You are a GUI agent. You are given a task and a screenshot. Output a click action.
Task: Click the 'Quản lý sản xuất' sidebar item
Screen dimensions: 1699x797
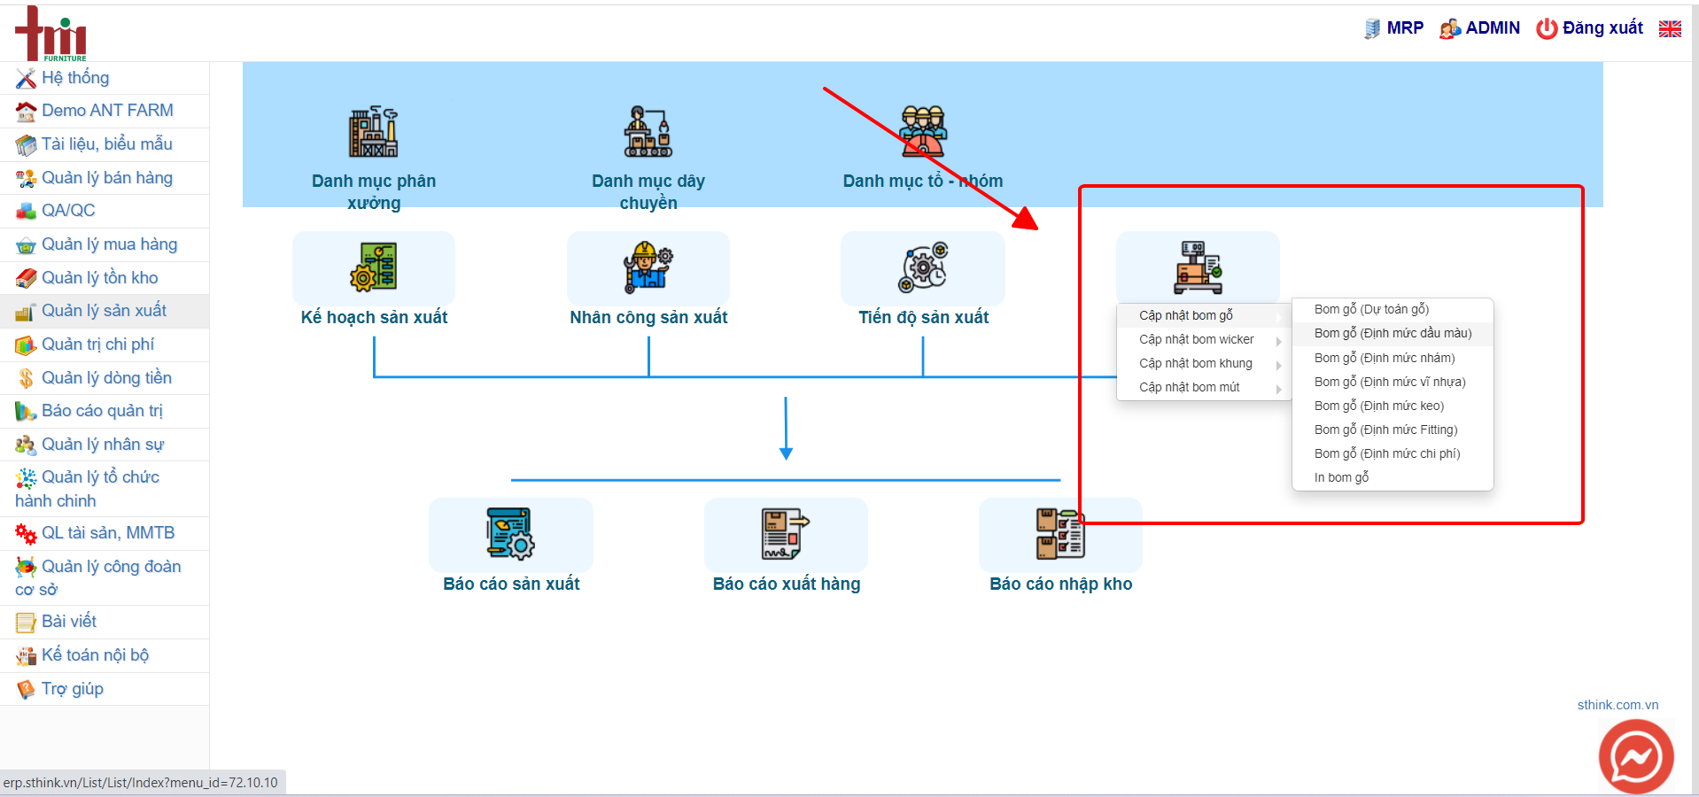pos(104,311)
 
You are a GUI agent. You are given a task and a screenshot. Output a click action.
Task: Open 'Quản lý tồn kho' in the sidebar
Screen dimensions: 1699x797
pos(99,278)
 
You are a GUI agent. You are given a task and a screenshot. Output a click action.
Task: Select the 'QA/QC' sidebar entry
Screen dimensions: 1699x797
pos(68,211)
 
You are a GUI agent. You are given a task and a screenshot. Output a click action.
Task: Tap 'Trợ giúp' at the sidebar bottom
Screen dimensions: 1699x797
pos(73,689)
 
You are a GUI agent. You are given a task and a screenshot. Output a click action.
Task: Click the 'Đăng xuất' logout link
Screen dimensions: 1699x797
pos(1590,28)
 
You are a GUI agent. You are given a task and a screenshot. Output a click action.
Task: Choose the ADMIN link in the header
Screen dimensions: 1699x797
pos(1480,28)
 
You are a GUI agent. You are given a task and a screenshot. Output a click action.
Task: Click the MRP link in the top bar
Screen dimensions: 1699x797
pos(1394,28)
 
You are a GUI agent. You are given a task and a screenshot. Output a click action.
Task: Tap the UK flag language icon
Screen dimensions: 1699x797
pos(1670,28)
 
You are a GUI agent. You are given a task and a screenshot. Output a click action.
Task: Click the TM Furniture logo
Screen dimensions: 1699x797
pos(50,34)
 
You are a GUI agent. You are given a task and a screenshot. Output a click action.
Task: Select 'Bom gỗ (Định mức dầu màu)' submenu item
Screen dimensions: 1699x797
pos(1393,333)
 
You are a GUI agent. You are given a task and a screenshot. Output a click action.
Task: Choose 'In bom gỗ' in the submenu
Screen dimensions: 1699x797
pos(1341,477)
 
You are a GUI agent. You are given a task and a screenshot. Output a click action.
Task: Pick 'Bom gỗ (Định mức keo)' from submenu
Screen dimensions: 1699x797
pos(1379,406)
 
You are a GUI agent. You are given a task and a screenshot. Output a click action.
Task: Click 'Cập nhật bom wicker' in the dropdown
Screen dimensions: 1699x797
pos(1196,339)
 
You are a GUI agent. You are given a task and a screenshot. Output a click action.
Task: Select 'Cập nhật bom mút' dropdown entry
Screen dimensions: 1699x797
pos(1189,387)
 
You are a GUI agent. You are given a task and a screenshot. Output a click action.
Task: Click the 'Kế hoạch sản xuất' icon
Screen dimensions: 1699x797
pos(373,267)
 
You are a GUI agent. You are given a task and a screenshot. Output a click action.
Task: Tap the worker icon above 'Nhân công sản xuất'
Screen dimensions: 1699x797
pos(648,267)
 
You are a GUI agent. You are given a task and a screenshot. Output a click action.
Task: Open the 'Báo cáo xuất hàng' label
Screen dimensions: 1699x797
pos(787,584)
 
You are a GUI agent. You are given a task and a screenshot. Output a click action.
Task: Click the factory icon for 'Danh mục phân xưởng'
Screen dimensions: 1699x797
pos(373,132)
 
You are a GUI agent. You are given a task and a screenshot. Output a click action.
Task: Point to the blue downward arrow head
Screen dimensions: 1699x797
pos(786,453)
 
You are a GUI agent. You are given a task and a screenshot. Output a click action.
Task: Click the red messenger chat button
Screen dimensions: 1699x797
pos(1636,757)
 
